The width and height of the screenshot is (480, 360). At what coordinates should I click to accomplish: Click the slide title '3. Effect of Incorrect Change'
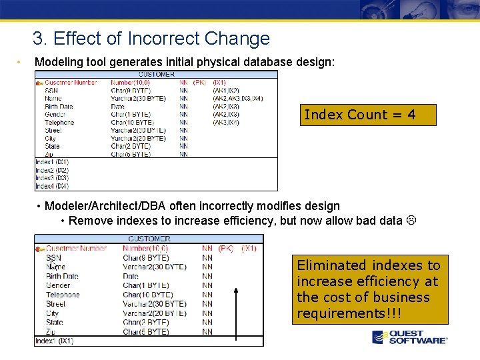pos(151,39)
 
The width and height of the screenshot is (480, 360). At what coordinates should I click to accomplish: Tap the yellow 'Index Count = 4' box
pos(368,115)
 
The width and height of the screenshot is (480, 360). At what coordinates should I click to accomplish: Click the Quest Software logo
pos(409,337)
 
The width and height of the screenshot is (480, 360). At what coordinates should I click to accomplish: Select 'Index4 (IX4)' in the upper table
pos(52,186)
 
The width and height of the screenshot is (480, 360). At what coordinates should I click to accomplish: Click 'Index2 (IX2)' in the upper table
pos(52,170)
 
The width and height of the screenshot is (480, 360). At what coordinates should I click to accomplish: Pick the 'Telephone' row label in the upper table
pos(59,123)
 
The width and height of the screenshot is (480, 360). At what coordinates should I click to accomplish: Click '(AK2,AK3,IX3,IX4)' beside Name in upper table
pos(237,99)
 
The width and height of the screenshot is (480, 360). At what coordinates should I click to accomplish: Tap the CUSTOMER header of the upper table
pos(156,75)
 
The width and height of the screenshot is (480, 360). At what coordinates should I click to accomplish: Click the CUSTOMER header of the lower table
pos(149,239)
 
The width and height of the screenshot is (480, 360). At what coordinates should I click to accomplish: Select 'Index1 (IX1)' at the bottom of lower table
pos(55,341)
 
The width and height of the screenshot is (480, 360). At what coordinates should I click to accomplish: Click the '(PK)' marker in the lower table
pos(226,249)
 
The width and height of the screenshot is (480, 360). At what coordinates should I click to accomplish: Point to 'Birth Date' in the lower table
pos(62,276)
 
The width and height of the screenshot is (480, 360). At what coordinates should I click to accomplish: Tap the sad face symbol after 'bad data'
pos(411,221)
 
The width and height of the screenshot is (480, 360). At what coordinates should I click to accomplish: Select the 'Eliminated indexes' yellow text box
pos(369,289)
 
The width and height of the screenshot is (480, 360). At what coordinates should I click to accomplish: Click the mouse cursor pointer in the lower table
pos(52,264)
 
